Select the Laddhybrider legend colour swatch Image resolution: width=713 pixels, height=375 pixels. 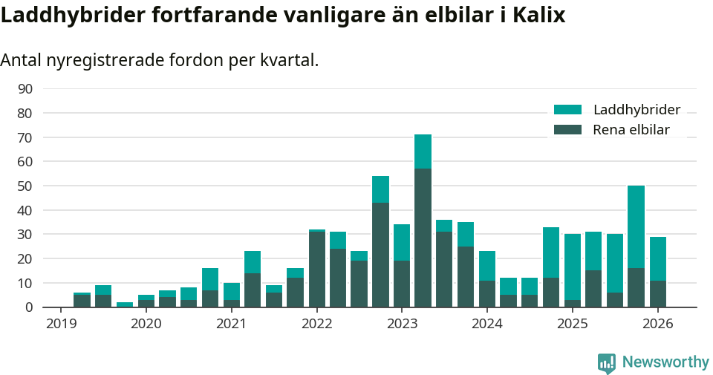pyautogui.click(x=568, y=110)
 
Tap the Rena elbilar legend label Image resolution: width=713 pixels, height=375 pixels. pyautogui.click(x=631, y=130)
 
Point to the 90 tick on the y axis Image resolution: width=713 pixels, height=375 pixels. pyautogui.click(x=25, y=89)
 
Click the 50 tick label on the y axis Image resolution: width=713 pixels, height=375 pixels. pyautogui.click(x=25, y=186)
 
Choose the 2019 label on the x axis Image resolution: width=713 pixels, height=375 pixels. pyautogui.click(x=60, y=324)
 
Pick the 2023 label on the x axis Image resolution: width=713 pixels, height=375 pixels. pyautogui.click(x=402, y=324)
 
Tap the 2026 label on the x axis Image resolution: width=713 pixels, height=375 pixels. pyautogui.click(x=658, y=324)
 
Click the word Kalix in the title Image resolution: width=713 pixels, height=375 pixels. pyautogui.click(x=538, y=16)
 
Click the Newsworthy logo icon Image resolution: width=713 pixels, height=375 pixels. pyautogui.click(x=606, y=362)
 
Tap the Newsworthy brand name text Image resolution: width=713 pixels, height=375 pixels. pyautogui.click(x=665, y=362)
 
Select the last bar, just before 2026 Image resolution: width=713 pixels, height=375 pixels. pyautogui.click(x=658, y=272)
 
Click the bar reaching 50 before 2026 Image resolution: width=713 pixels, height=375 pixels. pyautogui.click(x=636, y=247)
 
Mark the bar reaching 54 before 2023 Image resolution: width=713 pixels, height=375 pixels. pyautogui.click(x=380, y=241)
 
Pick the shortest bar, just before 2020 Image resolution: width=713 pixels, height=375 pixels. pyautogui.click(x=124, y=304)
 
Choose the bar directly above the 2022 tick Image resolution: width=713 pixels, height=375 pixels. pyautogui.click(x=316, y=268)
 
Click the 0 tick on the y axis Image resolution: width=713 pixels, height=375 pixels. pyautogui.click(x=28, y=307)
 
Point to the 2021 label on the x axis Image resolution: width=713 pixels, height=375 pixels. pyautogui.click(x=231, y=324)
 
